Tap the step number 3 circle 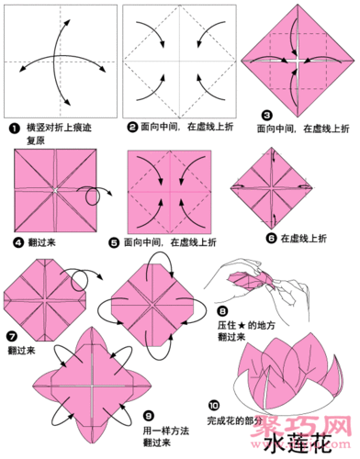pos(267,116)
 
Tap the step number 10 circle pos(214,405)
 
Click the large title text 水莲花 pos(290,444)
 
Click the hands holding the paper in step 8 pos(253,285)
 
